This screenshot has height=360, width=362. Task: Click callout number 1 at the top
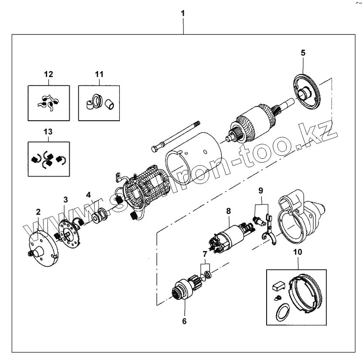(183, 13)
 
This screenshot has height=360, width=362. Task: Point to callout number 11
(99, 74)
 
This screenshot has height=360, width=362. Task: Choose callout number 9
(261, 190)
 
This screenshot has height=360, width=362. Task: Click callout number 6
(184, 322)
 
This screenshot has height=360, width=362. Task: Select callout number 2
(38, 212)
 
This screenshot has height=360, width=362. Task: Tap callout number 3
(66, 200)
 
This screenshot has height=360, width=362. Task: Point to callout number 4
(88, 194)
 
